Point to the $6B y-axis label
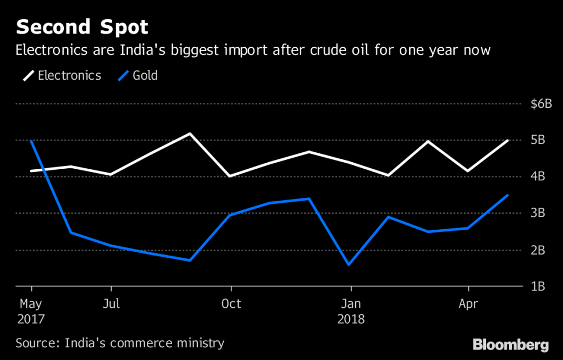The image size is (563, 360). pyautogui.click(x=540, y=104)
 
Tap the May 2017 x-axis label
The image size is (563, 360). pyautogui.click(x=31, y=311)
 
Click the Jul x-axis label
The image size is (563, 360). pyautogui.click(x=112, y=303)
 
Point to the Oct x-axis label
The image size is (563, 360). pyautogui.click(x=231, y=303)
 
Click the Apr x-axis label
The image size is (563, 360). pyautogui.click(x=468, y=303)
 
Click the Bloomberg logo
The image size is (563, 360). pyautogui.click(x=511, y=345)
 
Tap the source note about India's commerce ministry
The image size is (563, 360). pyautogui.click(x=120, y=344)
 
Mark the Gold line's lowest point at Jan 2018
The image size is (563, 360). pyautogui.click(x=349, y=265)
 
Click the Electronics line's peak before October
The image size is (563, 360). pyautogui.click(x=190, y=134)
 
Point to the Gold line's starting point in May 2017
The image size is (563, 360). pyautogui.click(x=31, y=141)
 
